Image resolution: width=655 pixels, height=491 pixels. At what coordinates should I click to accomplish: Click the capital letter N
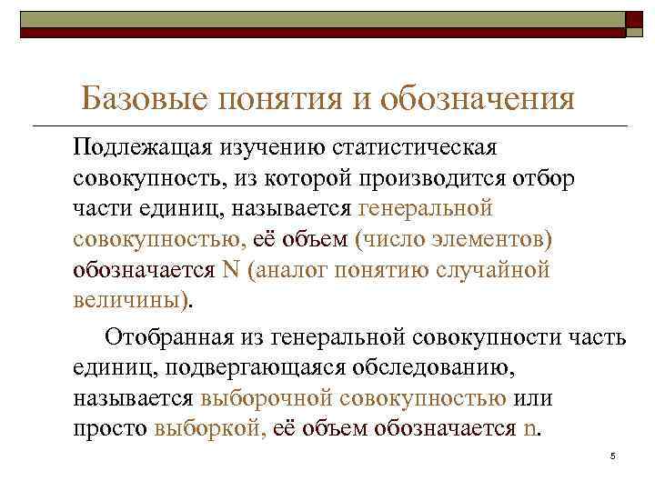[x=230, y=271]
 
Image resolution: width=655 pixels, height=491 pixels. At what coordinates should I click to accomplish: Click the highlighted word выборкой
[x=209, y=429]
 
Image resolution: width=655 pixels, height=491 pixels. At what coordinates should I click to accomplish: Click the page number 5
[x=614, y=456]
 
